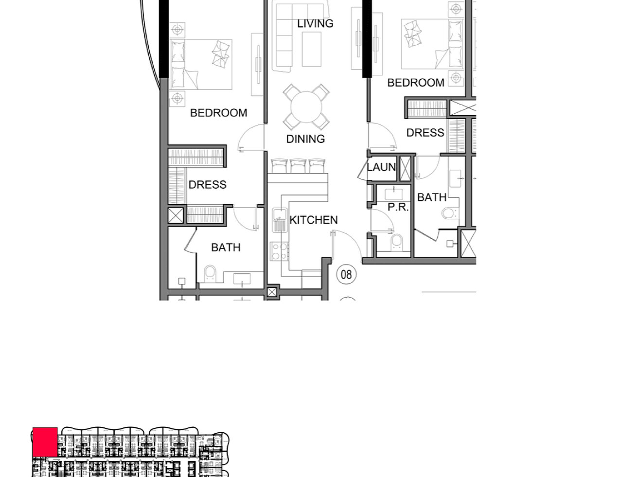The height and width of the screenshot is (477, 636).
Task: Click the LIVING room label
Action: [x=315, y=23]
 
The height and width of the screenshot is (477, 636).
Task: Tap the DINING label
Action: [x=305, y=139]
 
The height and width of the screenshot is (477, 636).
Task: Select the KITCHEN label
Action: [x=314, y=220]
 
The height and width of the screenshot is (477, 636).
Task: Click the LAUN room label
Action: [x=381, y=167]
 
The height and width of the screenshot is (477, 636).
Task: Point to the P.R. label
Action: [x=398, y=207]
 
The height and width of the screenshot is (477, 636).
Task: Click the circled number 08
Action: [x=346, y=274]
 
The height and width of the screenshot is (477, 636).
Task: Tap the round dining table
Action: [x=306, y=107]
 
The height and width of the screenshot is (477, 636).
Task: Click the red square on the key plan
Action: [x=45, y=442]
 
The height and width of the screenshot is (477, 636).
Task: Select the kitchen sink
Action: [x=280, y=220]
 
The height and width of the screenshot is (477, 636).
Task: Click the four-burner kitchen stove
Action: [x=279, y=251]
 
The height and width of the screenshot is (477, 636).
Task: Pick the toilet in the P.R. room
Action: [x=396, y=243]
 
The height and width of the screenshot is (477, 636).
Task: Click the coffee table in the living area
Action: [x=312, y=49]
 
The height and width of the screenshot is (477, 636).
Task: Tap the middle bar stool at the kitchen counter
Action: [x=298, y=166]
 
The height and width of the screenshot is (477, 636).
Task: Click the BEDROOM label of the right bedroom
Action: [x=416, y=83]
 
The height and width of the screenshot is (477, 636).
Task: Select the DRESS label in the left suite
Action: [x=208, y=185]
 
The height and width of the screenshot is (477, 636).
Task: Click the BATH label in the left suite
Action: [x=226, y=247]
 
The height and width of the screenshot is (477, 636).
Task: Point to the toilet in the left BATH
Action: [x=210, y=274]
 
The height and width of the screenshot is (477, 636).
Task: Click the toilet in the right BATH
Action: [x=450, y=213]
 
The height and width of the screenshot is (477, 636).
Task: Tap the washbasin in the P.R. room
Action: [x=393, y=194]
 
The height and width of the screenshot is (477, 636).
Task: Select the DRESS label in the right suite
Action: [x=425, y=133]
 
